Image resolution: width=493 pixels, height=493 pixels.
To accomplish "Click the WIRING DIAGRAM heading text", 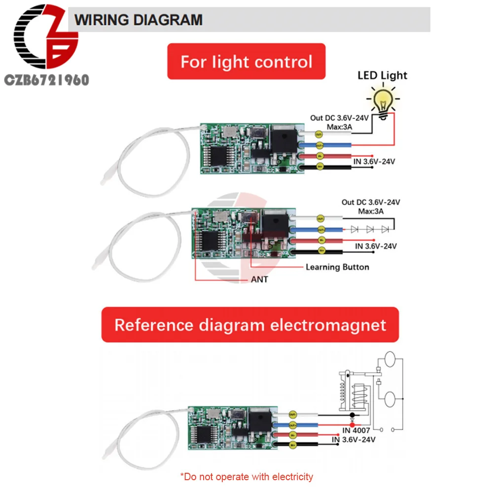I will point(139,20).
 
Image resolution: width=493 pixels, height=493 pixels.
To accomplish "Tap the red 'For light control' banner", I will point(246,62).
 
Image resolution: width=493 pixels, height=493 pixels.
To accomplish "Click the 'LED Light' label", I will point(382,75).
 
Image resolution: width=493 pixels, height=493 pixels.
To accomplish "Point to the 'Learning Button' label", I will point(337,267).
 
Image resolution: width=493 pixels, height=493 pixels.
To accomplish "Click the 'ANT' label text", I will point(259,280).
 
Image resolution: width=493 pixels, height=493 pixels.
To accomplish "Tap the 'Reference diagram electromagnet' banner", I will point(250,325).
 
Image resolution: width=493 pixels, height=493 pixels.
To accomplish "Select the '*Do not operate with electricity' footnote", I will point(246,477).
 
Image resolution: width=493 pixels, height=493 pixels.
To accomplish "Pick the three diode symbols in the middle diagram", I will point(370,229).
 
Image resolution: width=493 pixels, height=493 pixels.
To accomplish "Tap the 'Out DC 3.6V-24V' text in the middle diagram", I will point(371,203).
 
